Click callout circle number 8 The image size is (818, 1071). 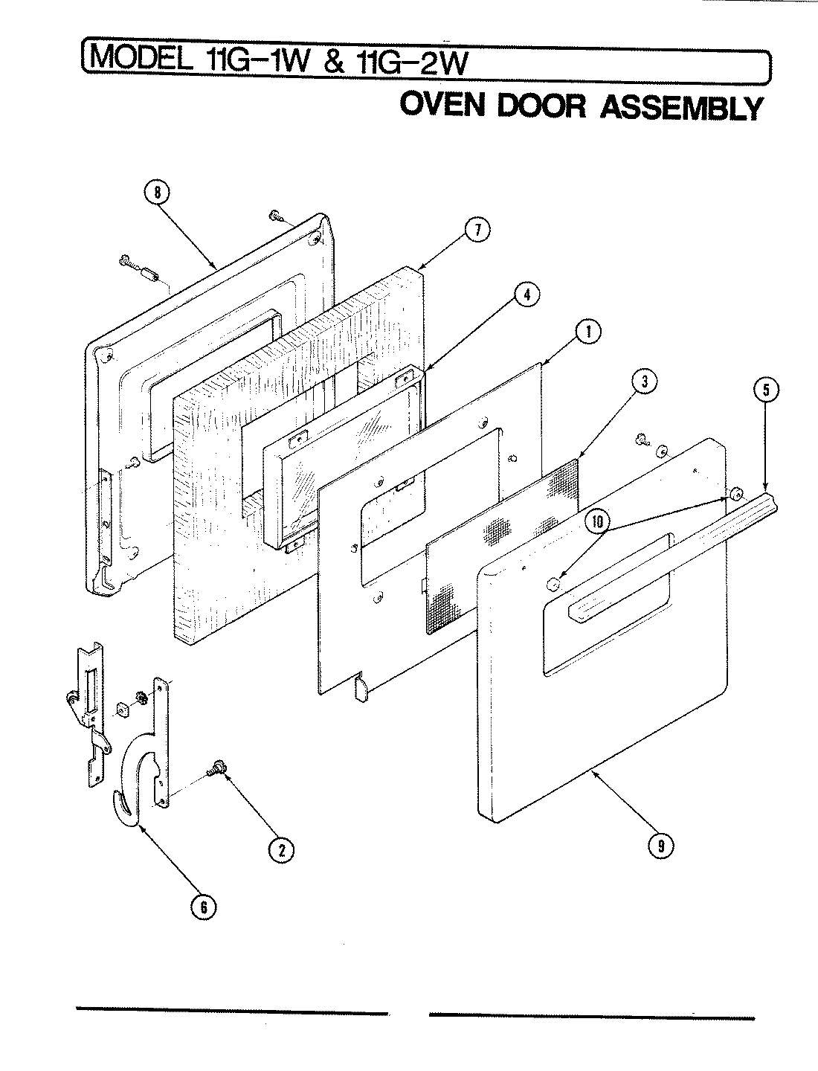click(x=156, y=193)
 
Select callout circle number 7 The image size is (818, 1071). click(x=477, y=231)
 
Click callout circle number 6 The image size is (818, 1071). click(x=202, y=906)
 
